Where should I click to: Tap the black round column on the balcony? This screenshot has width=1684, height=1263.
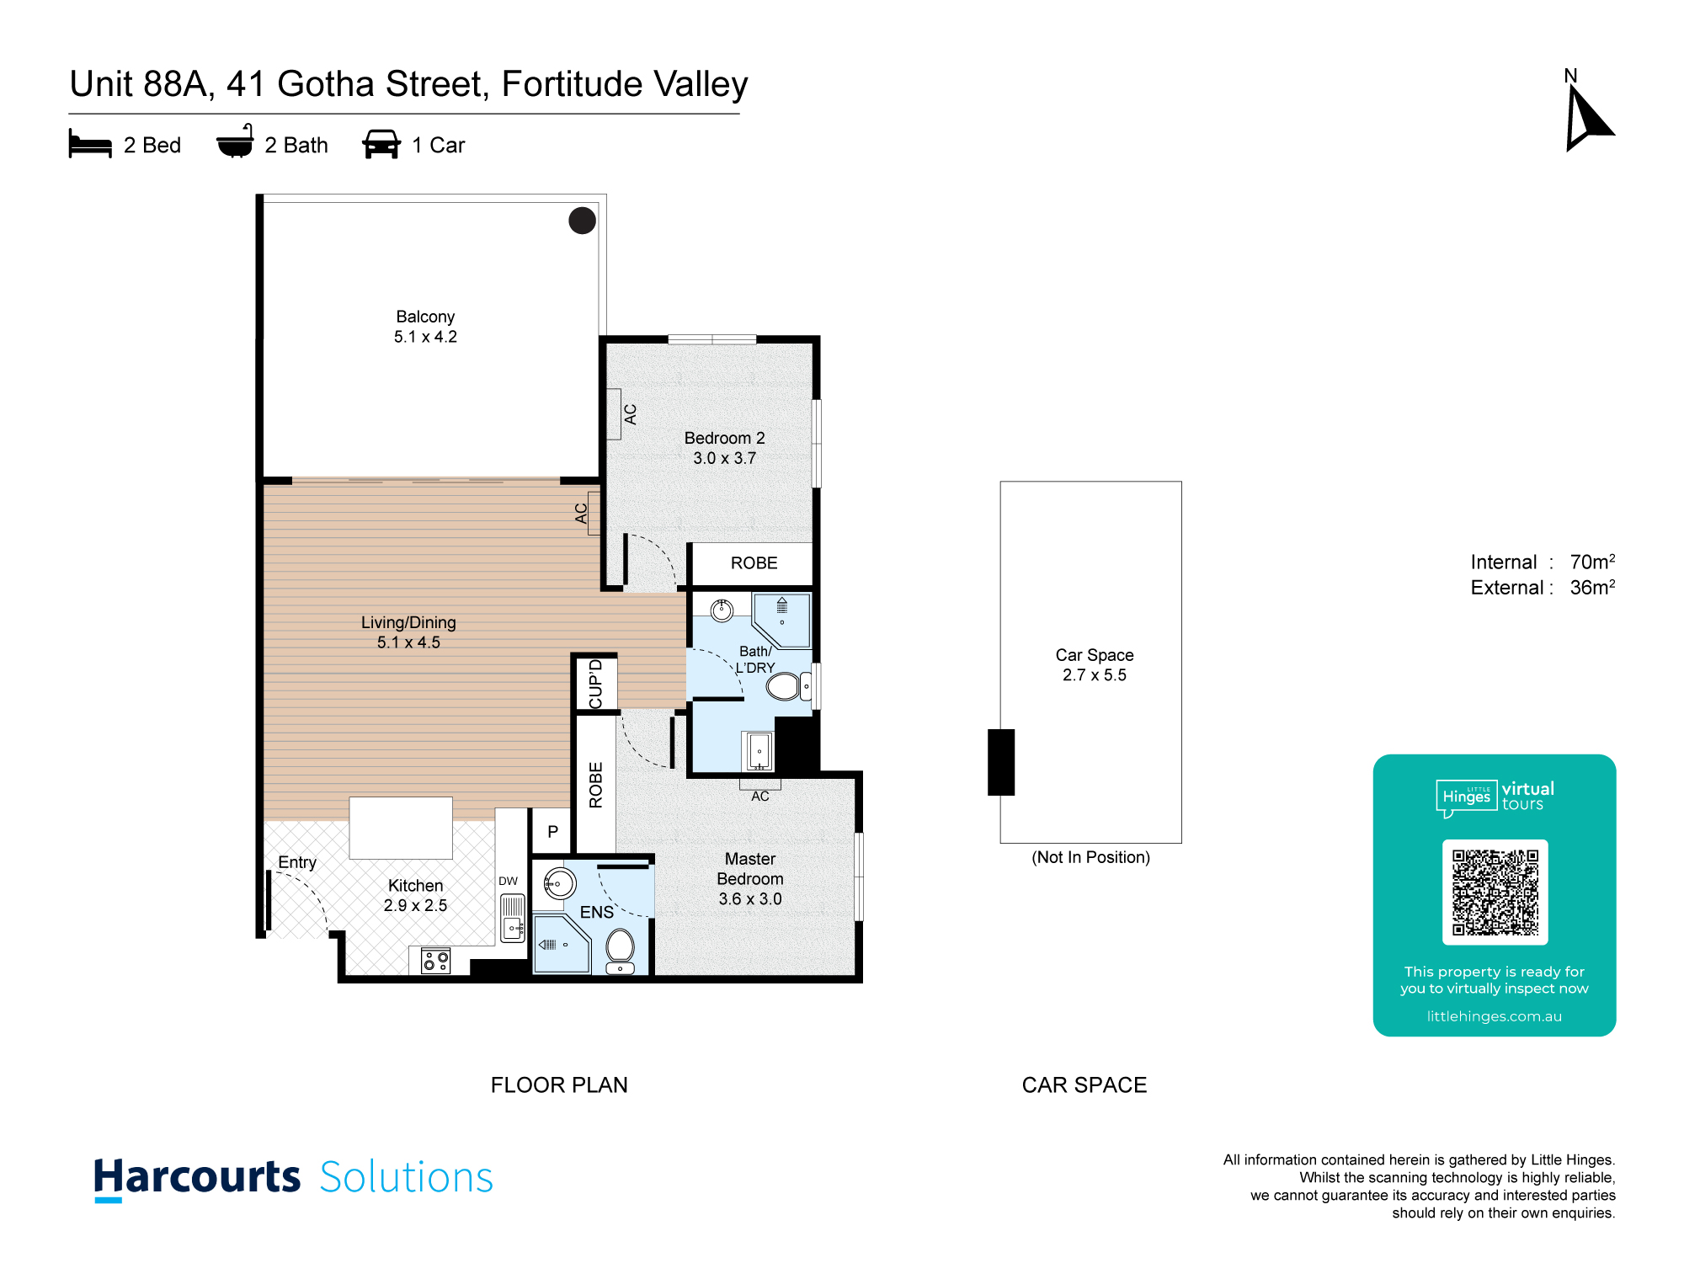tap(582, 221)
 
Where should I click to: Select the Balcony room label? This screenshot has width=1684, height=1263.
tap(425, 327)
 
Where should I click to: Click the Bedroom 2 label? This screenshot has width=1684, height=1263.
tap(724, 448)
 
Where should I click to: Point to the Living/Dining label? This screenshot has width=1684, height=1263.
tap(408, 632)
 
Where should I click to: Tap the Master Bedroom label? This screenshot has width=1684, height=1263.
tap(750, 879)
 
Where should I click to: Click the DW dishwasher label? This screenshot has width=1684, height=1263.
tap(508, 882)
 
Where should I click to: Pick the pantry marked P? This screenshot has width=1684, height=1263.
tap(552, 831)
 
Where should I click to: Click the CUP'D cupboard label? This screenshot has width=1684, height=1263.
tap(596, 684)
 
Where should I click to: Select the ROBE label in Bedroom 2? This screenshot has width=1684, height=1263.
tap(754, 563)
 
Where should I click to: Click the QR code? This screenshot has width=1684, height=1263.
tap(1495, 893)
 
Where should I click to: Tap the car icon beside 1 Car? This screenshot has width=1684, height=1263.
tap(381, 144)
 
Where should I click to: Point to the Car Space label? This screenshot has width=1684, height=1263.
tap(1095, 665)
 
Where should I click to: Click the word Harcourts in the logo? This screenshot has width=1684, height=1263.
tap(197, 1177)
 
